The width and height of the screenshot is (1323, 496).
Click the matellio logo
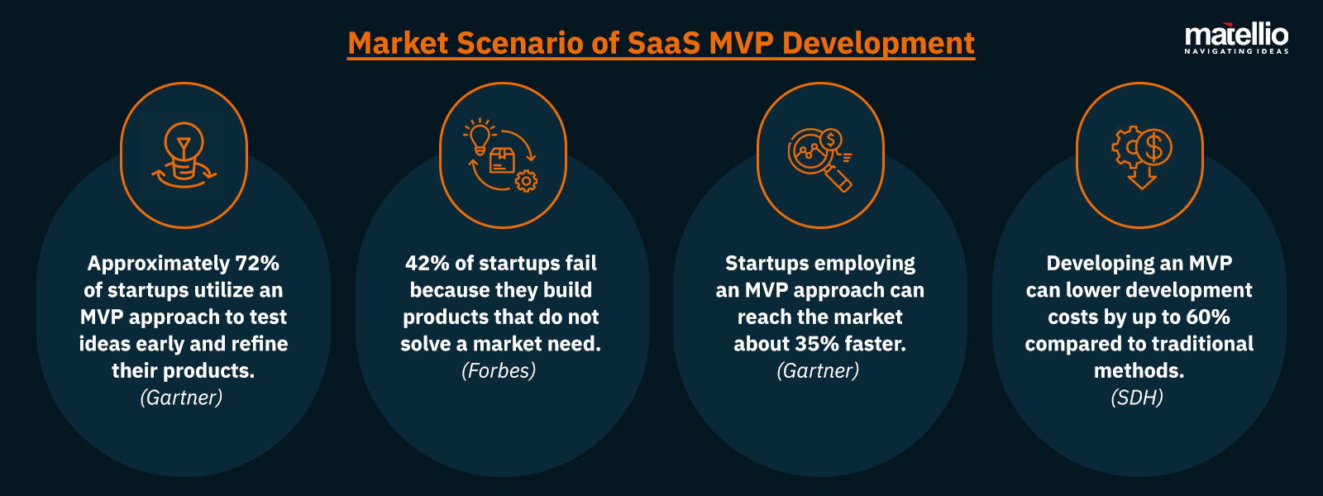pos(1236,36)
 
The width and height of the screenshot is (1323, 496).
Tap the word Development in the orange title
pos(878,43)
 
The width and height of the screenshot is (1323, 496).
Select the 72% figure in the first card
pos(257,264)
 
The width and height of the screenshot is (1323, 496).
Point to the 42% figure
pos(427,264)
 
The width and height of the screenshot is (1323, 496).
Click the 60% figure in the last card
pos(1208,317)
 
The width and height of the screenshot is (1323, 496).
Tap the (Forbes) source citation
pos(499,371)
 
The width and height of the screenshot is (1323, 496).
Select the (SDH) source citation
pos(1137,398)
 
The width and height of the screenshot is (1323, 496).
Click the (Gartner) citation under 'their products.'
pos(182,398)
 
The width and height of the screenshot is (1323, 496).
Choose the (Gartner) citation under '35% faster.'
pos(818,371)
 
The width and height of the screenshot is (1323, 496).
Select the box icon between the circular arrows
pos(502,160)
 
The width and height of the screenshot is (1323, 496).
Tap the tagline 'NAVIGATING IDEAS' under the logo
pos(1236,51)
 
